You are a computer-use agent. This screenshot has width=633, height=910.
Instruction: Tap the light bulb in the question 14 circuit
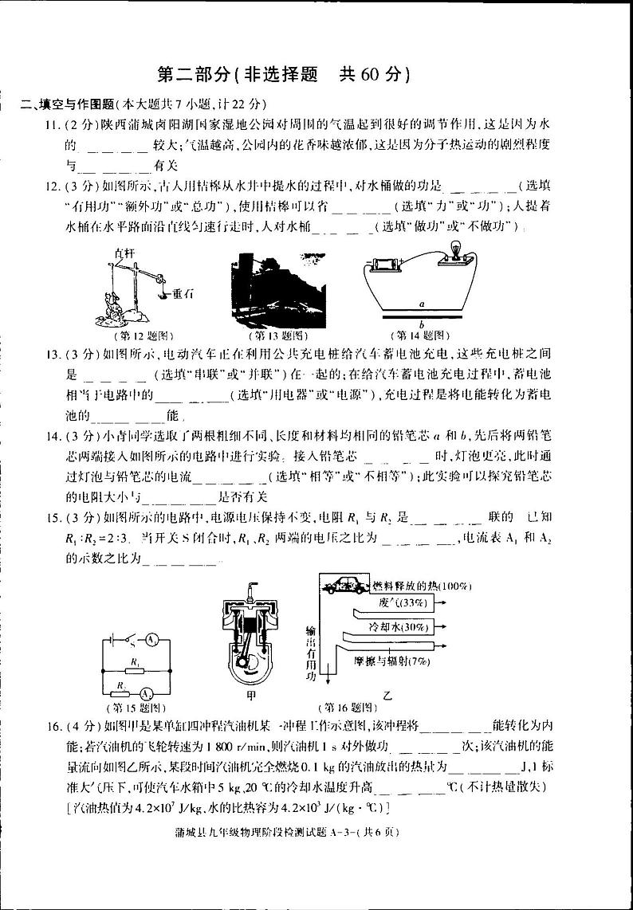coord(457,249)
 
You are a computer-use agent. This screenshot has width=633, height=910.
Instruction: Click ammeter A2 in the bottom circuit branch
coord(147,692)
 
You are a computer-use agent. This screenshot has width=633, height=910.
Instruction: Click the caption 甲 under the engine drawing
coord(251,696)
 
